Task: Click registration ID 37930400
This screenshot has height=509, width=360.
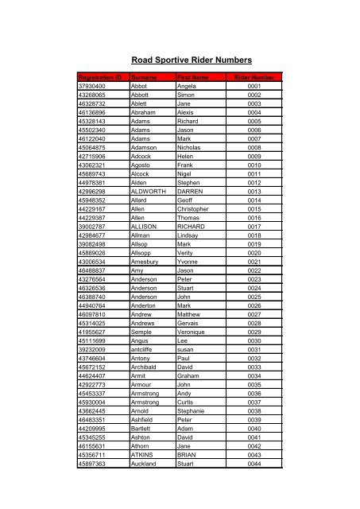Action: point(92,85)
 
